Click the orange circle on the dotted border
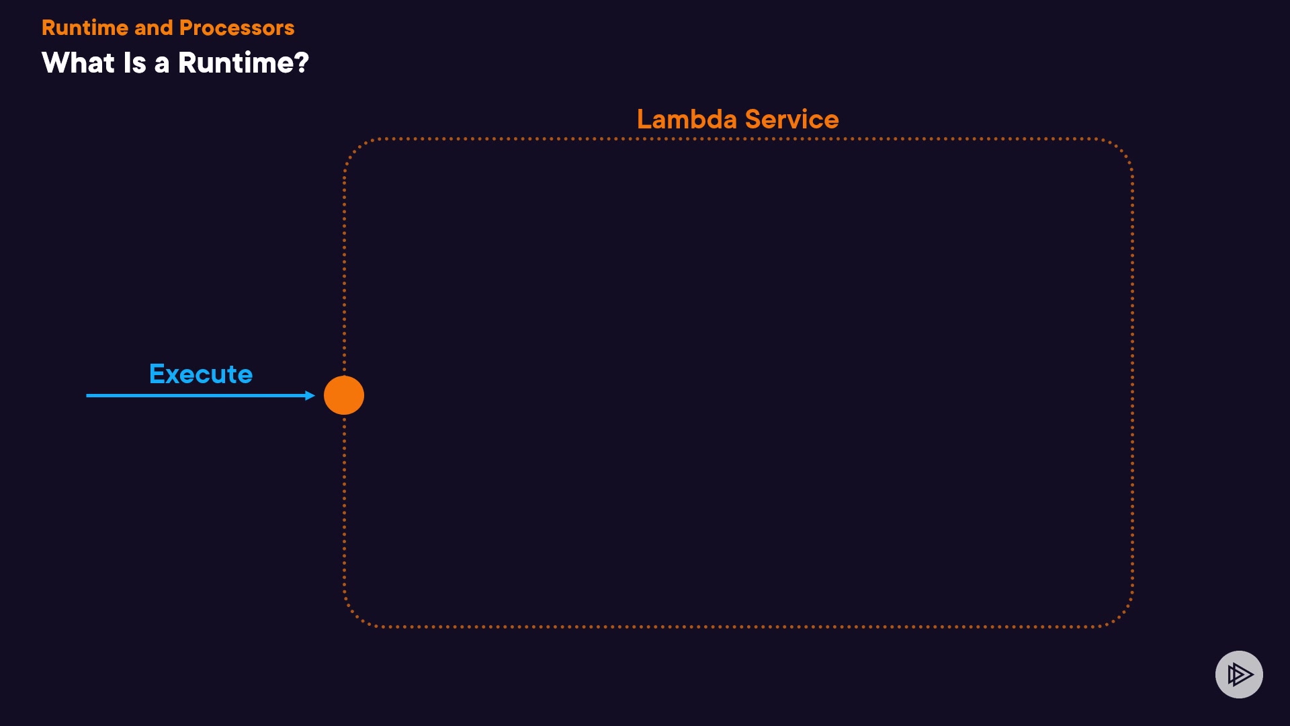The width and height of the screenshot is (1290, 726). coord(344,395)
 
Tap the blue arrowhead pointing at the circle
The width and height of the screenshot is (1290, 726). coord(310,395)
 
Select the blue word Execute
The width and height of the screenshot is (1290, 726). coord(201,374)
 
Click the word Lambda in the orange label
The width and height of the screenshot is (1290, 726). coord(687,119)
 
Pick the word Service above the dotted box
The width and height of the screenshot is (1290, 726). coord(791,119)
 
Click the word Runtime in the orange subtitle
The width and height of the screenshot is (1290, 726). coord(85,28)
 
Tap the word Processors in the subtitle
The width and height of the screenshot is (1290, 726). coord(236,28)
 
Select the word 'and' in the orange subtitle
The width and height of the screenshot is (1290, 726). coord(154,28)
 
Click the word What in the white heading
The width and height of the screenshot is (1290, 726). coord(78,63)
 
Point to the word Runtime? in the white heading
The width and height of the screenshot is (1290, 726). coord(243,63)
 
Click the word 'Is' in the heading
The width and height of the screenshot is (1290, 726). coord(134,63)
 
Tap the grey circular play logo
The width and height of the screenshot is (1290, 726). coord(1239,674)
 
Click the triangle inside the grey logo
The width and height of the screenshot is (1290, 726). coord(1240,674)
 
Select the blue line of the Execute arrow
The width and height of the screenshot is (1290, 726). coord(195,395)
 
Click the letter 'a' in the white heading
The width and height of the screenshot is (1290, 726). coord(162,64)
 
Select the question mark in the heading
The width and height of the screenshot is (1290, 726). coord(302,63)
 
